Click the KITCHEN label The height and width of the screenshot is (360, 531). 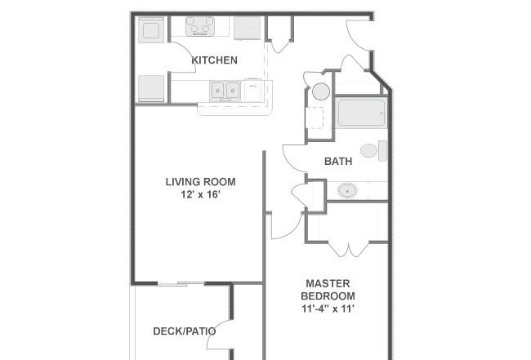pyautogui.click(x=214, y=60)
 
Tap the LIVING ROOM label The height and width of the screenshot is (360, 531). pyautogui.click(x=200, y=182)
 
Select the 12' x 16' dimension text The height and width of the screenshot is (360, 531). pyautogui.click(x=201, y=194)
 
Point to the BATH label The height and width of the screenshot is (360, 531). pyautogui.click(x=338, y=161)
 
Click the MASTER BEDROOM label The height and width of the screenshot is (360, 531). pyautogui.click(x=328, y=290)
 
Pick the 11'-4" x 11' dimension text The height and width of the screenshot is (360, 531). pyautogui.click(x=328, y=309)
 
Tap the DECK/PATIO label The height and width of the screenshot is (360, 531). pyautogui.click(x=185, y=331)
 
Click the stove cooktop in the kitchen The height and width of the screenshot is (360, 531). pyautogui.click(x=200, y=26)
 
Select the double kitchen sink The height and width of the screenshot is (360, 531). pyautogui.click(x=225, y=91)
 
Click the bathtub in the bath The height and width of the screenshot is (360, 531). pyautogui.click(x=361, y=113)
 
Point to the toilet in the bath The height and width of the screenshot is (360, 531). pyautogui.click(x=373, y=150)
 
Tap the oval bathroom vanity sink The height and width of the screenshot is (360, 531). pyautogui.click(x=347, y=190)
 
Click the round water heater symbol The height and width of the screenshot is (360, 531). pyautogui.click(x=321, y=91)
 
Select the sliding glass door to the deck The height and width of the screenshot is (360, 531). pyautogui.click(x=181, y=284)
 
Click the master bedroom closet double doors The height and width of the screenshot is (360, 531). pyautogui.click(x=349, y=249)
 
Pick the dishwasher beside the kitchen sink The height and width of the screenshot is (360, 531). pyautogui.click(x=253, y=91)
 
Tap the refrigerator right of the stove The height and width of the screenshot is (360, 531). pyautogui.click(x=248, y=28)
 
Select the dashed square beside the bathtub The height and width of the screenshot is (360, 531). pyautogui.click(x=315, y=118)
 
